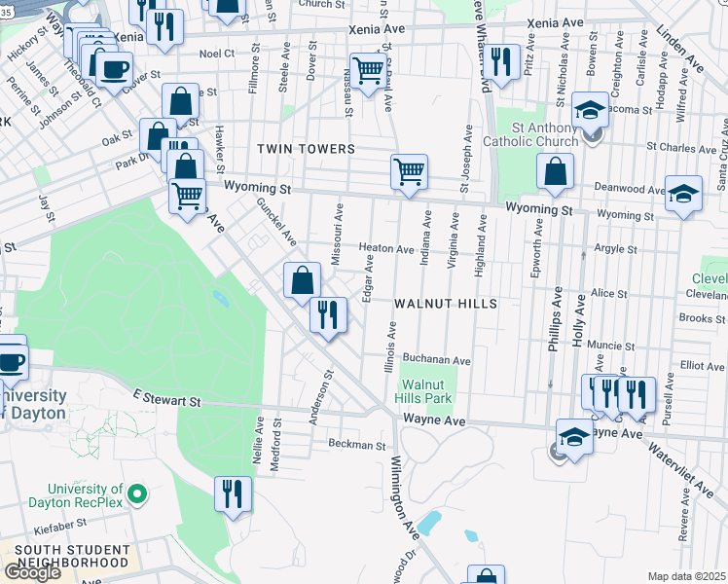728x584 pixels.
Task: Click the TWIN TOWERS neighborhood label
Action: (306, 149)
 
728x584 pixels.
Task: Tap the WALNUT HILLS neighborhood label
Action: (446, 304)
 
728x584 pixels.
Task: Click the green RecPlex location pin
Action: (137, 495)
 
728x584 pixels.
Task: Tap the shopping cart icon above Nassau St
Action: (367, 70)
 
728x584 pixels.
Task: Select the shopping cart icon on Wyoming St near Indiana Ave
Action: (410, 171)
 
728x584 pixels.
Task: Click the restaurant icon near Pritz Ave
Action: (501, 62)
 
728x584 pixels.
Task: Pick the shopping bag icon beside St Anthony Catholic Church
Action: (555, 171)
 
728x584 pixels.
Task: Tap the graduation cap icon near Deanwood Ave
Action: (684, 191)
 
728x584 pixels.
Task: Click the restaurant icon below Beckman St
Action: (232, 493)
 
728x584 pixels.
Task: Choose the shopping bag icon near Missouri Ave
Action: (303, 279)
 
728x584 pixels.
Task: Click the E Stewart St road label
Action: (166, 400)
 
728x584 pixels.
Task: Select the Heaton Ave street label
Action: (386, 249)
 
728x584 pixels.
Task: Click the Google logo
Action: (32, 572)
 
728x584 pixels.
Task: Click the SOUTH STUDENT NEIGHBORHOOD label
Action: (73, 557)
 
